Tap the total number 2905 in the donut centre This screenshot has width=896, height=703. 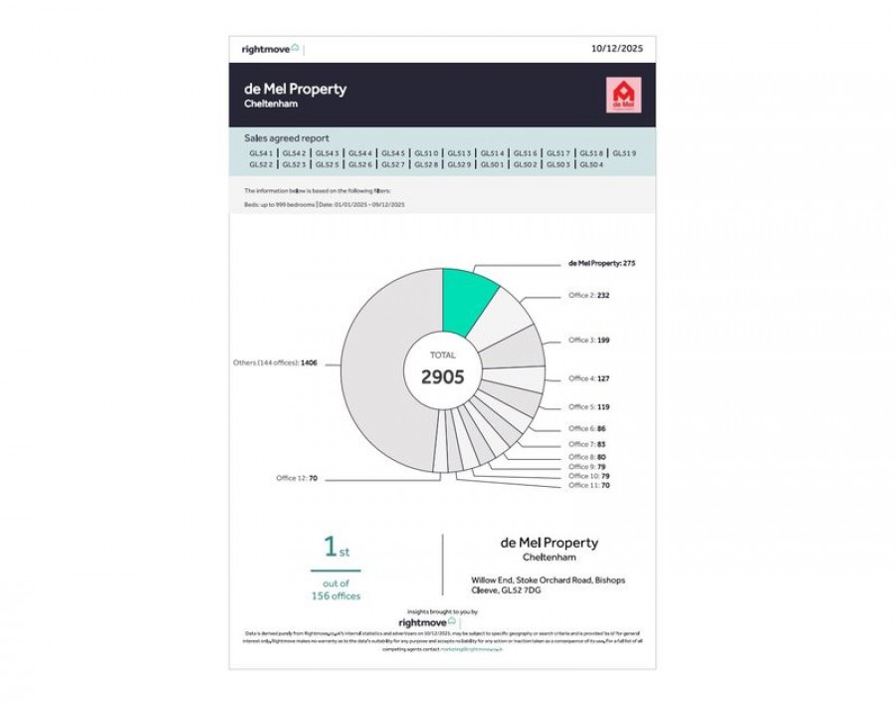(x=442, y=376)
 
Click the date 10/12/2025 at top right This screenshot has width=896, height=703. (x=617, y=48)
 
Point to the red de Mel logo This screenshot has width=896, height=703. (x=623, y=95)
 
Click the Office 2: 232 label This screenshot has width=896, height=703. (x=588, y=296)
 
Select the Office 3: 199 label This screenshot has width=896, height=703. (x=588, y=341)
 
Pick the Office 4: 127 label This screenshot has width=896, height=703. (x=588, y=378)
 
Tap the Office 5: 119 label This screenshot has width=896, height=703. (x=588, y=407)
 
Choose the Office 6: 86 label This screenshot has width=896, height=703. (x=586, y=429)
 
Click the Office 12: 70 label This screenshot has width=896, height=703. (x=296, y=479)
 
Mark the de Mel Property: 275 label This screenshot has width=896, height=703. (x=600, y=264)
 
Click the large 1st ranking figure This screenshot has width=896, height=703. (x=336, y=548)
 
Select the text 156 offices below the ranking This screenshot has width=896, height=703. (x=336, y=595)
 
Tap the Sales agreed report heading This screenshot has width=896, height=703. (x=286, y=138)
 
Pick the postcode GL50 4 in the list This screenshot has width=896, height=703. (x=590, y=164)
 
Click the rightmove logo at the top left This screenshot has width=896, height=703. (x=270, y=48)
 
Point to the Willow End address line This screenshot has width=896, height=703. (x=548, y=580)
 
